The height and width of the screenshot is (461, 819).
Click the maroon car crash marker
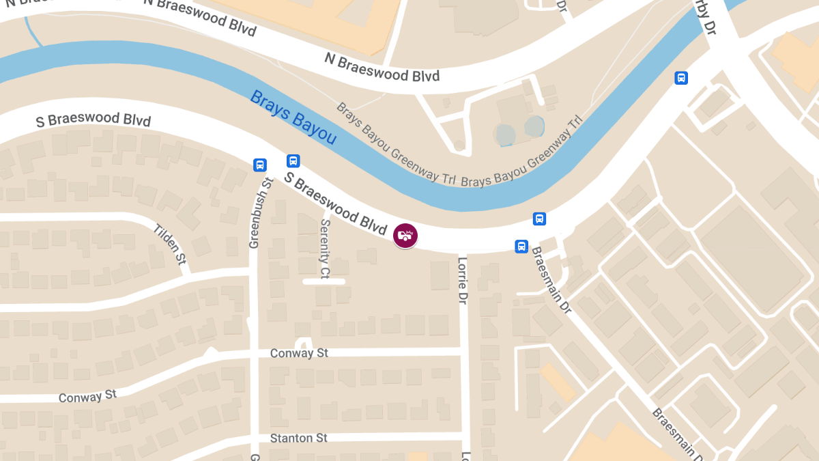405,236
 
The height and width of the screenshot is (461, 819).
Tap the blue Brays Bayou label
293,117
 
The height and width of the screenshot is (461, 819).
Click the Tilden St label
170,244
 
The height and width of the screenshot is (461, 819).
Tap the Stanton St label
299,438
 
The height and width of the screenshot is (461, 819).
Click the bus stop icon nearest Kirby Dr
680,78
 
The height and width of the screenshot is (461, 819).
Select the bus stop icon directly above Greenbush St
260,165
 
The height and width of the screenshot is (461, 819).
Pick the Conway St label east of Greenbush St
299,353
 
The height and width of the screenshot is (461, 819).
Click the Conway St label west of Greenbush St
87,397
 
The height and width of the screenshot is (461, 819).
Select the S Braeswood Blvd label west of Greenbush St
93,121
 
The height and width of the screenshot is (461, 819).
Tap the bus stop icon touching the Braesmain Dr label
521,246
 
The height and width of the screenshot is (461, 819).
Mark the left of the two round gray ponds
506,134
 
